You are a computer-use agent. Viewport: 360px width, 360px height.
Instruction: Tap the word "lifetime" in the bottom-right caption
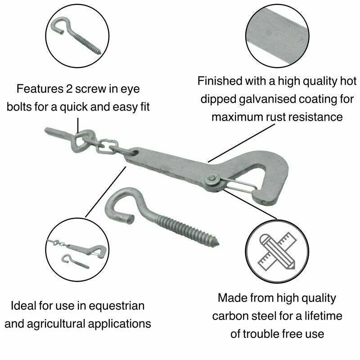point(321,315)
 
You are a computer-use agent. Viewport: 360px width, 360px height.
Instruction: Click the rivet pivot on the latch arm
point(211,181)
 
